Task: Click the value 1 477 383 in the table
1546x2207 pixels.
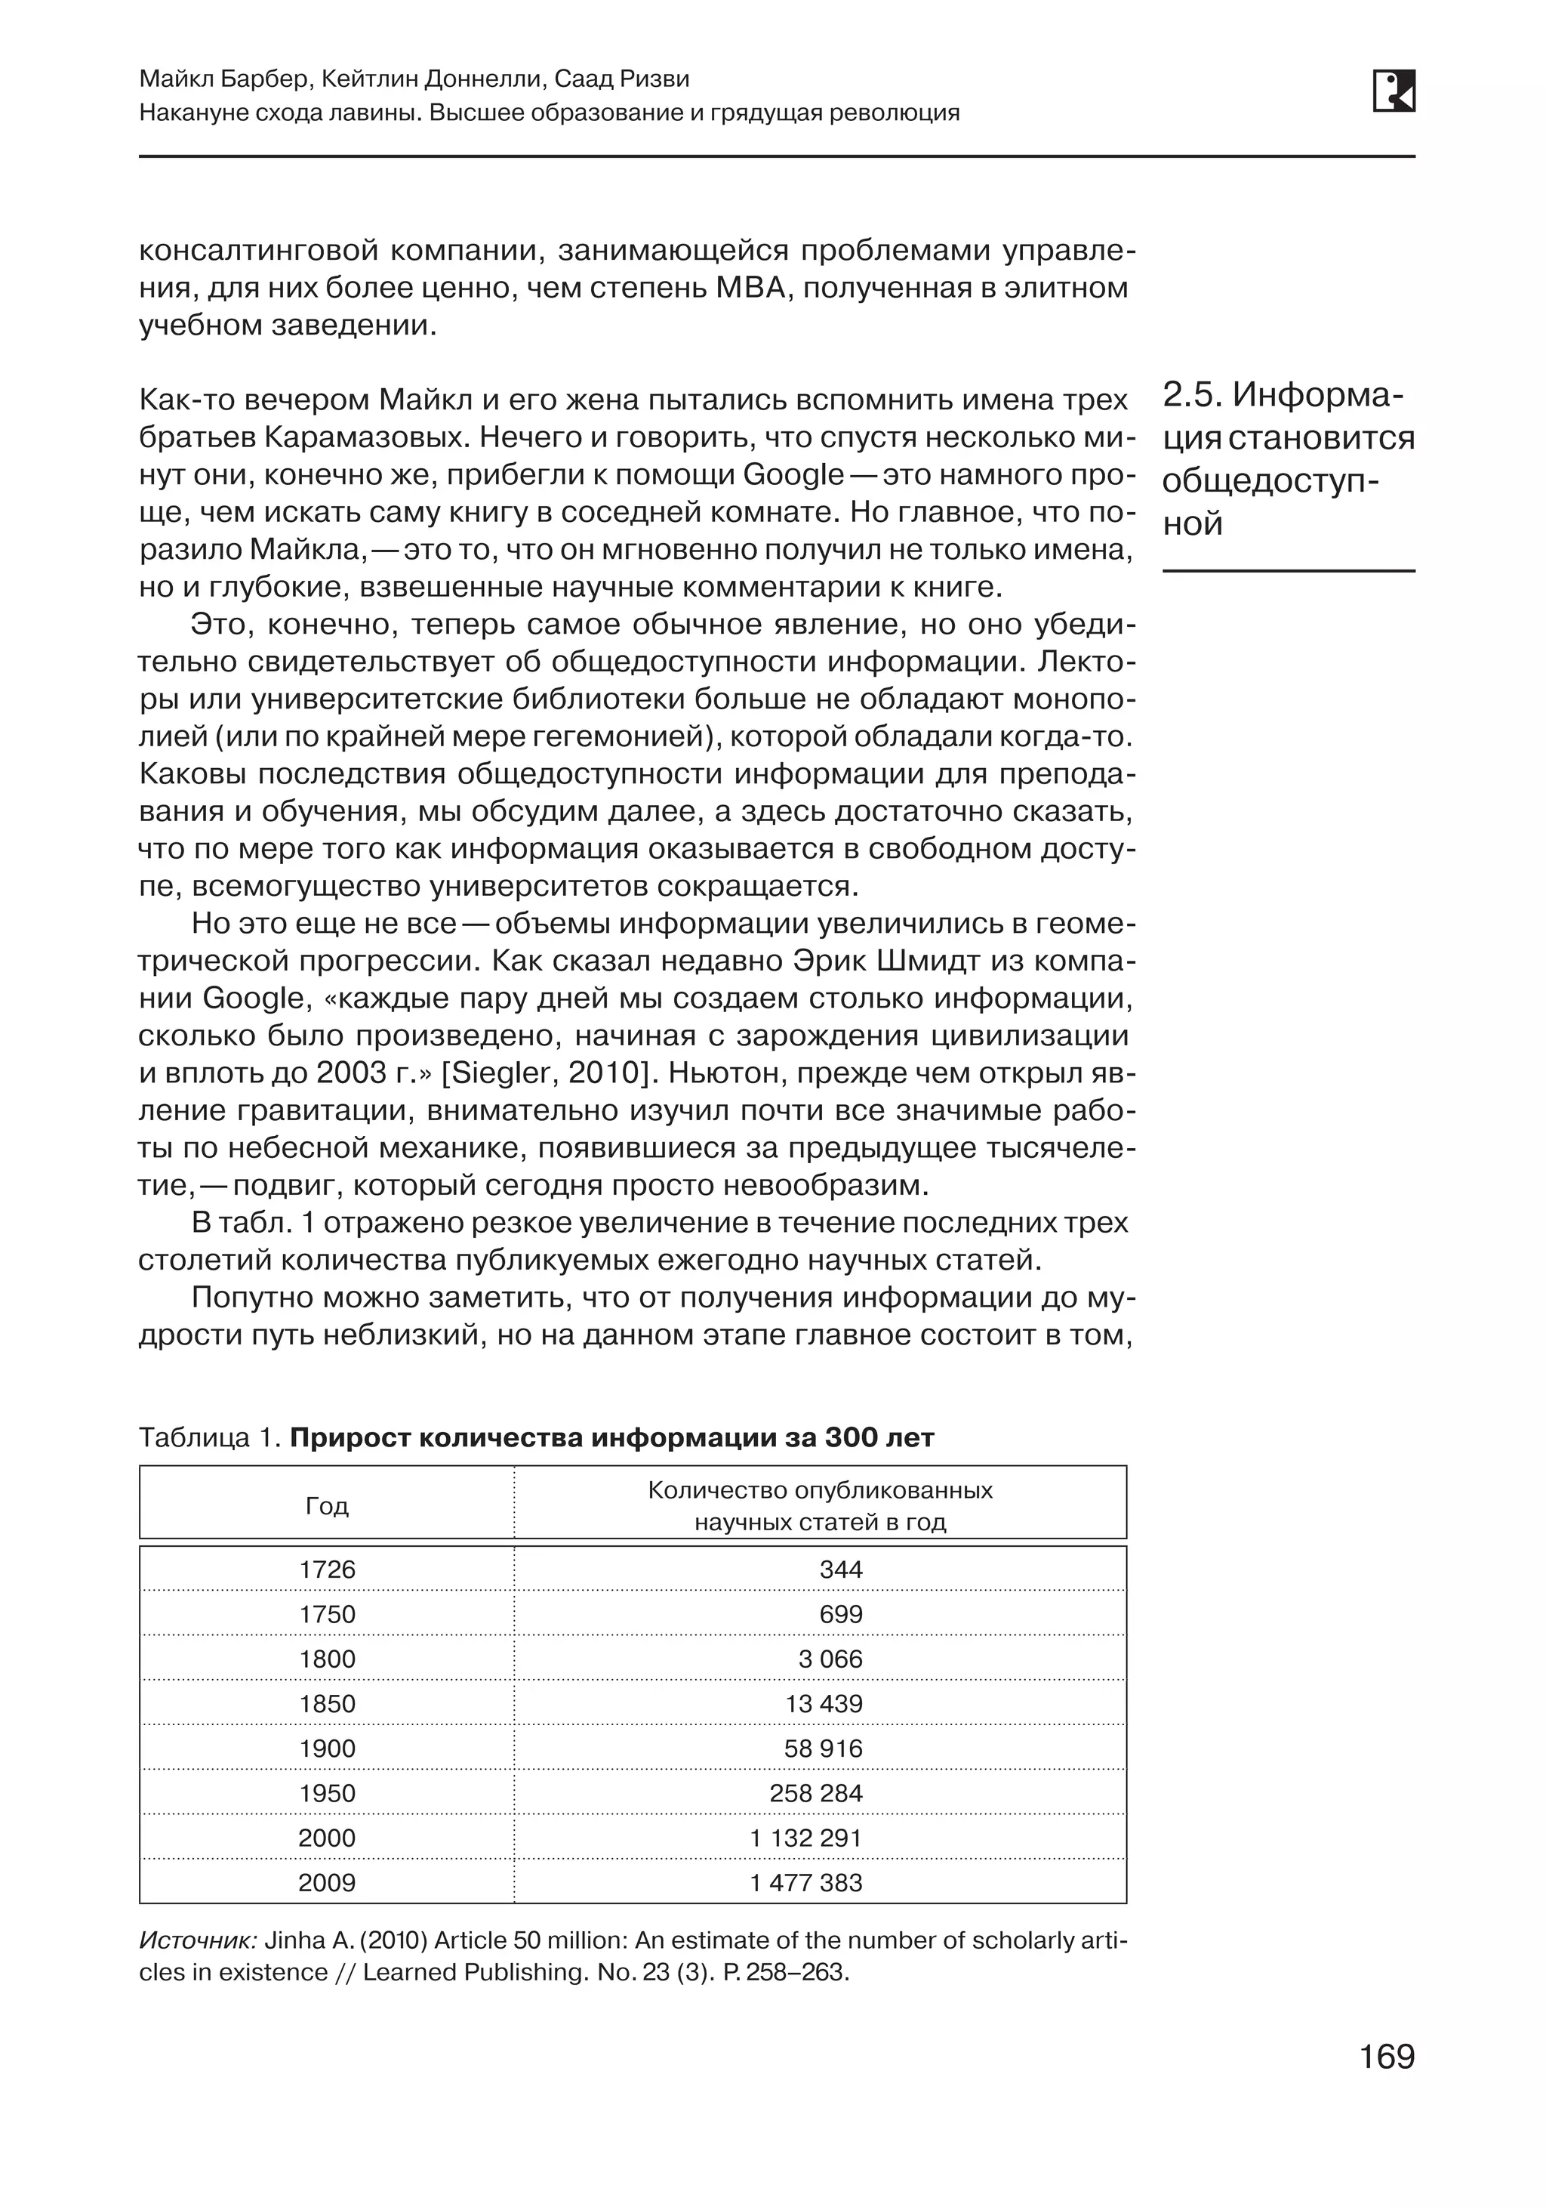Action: tap(805, 1883)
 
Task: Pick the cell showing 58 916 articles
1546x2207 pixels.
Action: tap(823, 1749)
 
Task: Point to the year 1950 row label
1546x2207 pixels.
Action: tap(327, 1794)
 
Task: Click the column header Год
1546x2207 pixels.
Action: tap(327, 1506)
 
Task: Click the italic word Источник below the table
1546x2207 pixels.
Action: tap(197, 1940)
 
